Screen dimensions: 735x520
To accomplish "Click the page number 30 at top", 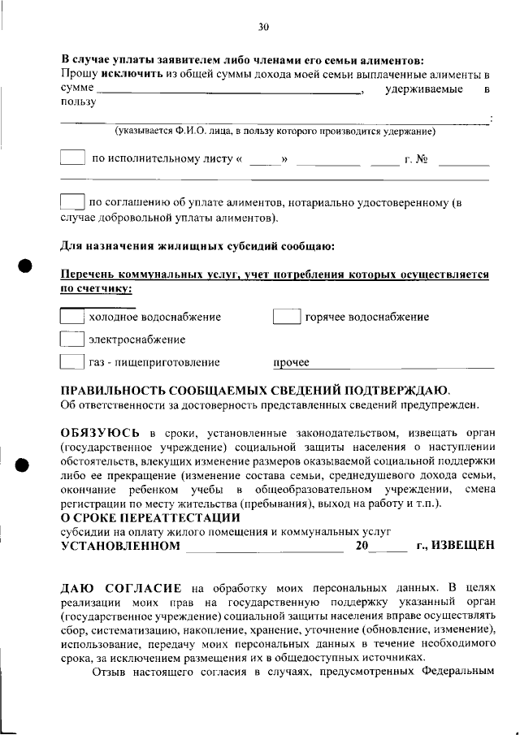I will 263,27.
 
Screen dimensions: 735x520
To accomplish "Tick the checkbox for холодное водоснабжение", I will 72,317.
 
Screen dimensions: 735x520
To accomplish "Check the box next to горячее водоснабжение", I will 287,317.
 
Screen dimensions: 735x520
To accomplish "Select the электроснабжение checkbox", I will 72,339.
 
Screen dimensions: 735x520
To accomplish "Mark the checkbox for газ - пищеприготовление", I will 72,362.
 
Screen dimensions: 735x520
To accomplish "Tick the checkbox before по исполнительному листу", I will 72,158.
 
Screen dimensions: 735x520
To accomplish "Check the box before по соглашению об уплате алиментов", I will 72,202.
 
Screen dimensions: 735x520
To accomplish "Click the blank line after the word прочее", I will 402,368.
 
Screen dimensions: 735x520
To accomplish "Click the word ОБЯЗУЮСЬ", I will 105,431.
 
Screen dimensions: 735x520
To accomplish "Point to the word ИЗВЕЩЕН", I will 462,546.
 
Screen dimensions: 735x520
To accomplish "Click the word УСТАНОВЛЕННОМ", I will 121,546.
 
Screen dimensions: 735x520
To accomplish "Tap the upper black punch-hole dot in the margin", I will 25,266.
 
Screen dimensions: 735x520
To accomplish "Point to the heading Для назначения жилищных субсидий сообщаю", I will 197,245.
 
